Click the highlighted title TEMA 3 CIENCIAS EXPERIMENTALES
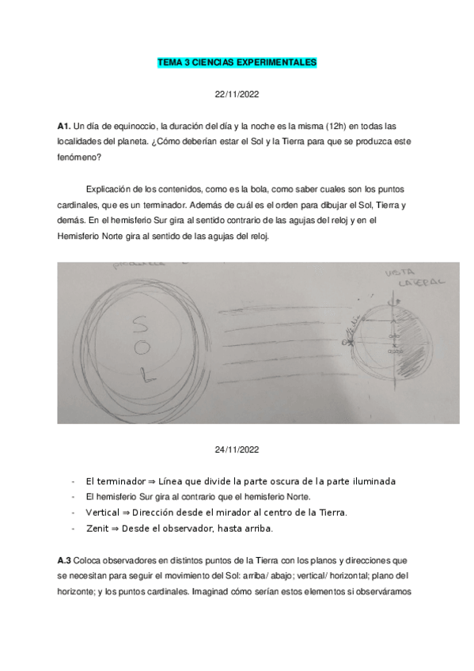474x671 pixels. (x=237, y=61)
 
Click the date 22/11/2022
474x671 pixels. (x=237, y=93)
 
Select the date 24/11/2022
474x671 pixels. (x=237, y=449)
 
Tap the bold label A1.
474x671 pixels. (x=64, y=126)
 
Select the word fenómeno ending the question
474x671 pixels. (x=77, y=157)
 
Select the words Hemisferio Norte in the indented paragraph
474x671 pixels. (x=92, y=236)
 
